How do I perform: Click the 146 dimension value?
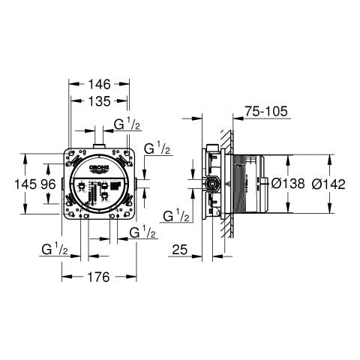point(97,83)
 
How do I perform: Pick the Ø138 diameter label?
point(287,184)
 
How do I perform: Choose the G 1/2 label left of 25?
point(176,216)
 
